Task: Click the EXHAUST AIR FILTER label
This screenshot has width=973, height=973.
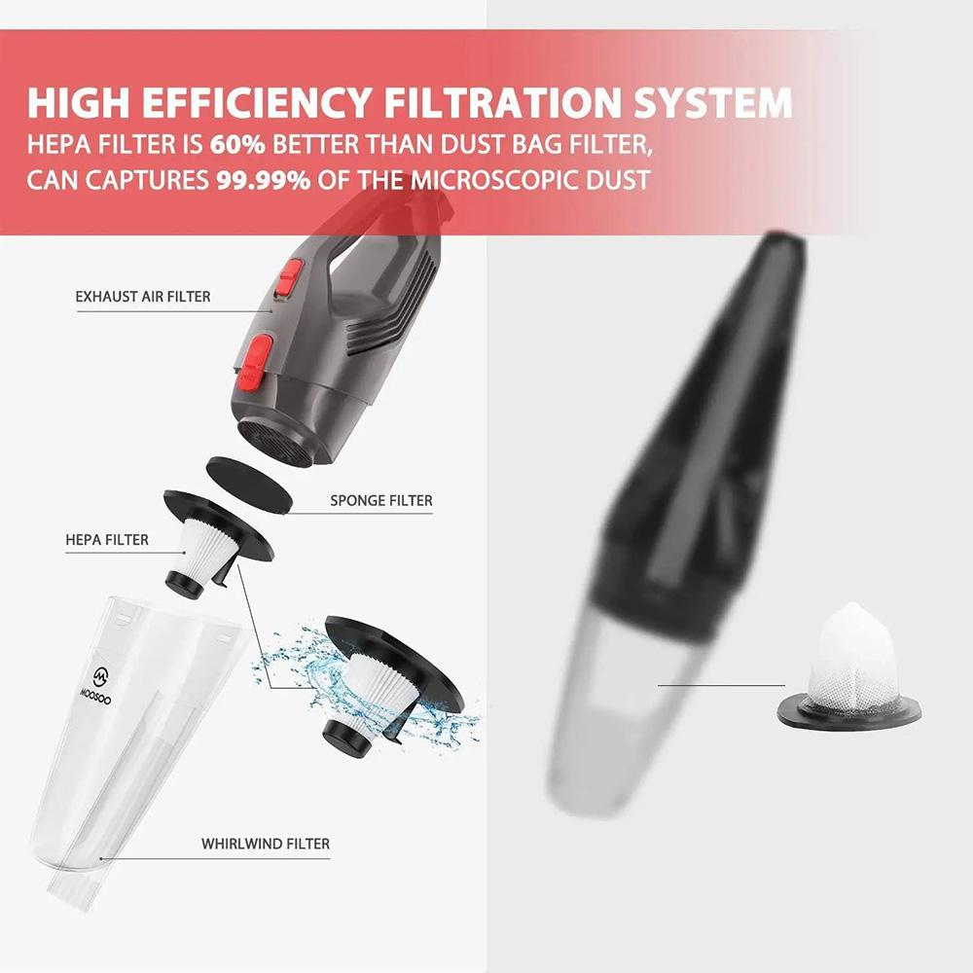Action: tap(142, 296)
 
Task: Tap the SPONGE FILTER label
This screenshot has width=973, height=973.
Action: tap(380, 501)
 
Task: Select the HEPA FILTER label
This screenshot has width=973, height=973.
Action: tap(107, 538)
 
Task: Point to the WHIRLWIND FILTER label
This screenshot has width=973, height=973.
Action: tap(266, 844)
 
